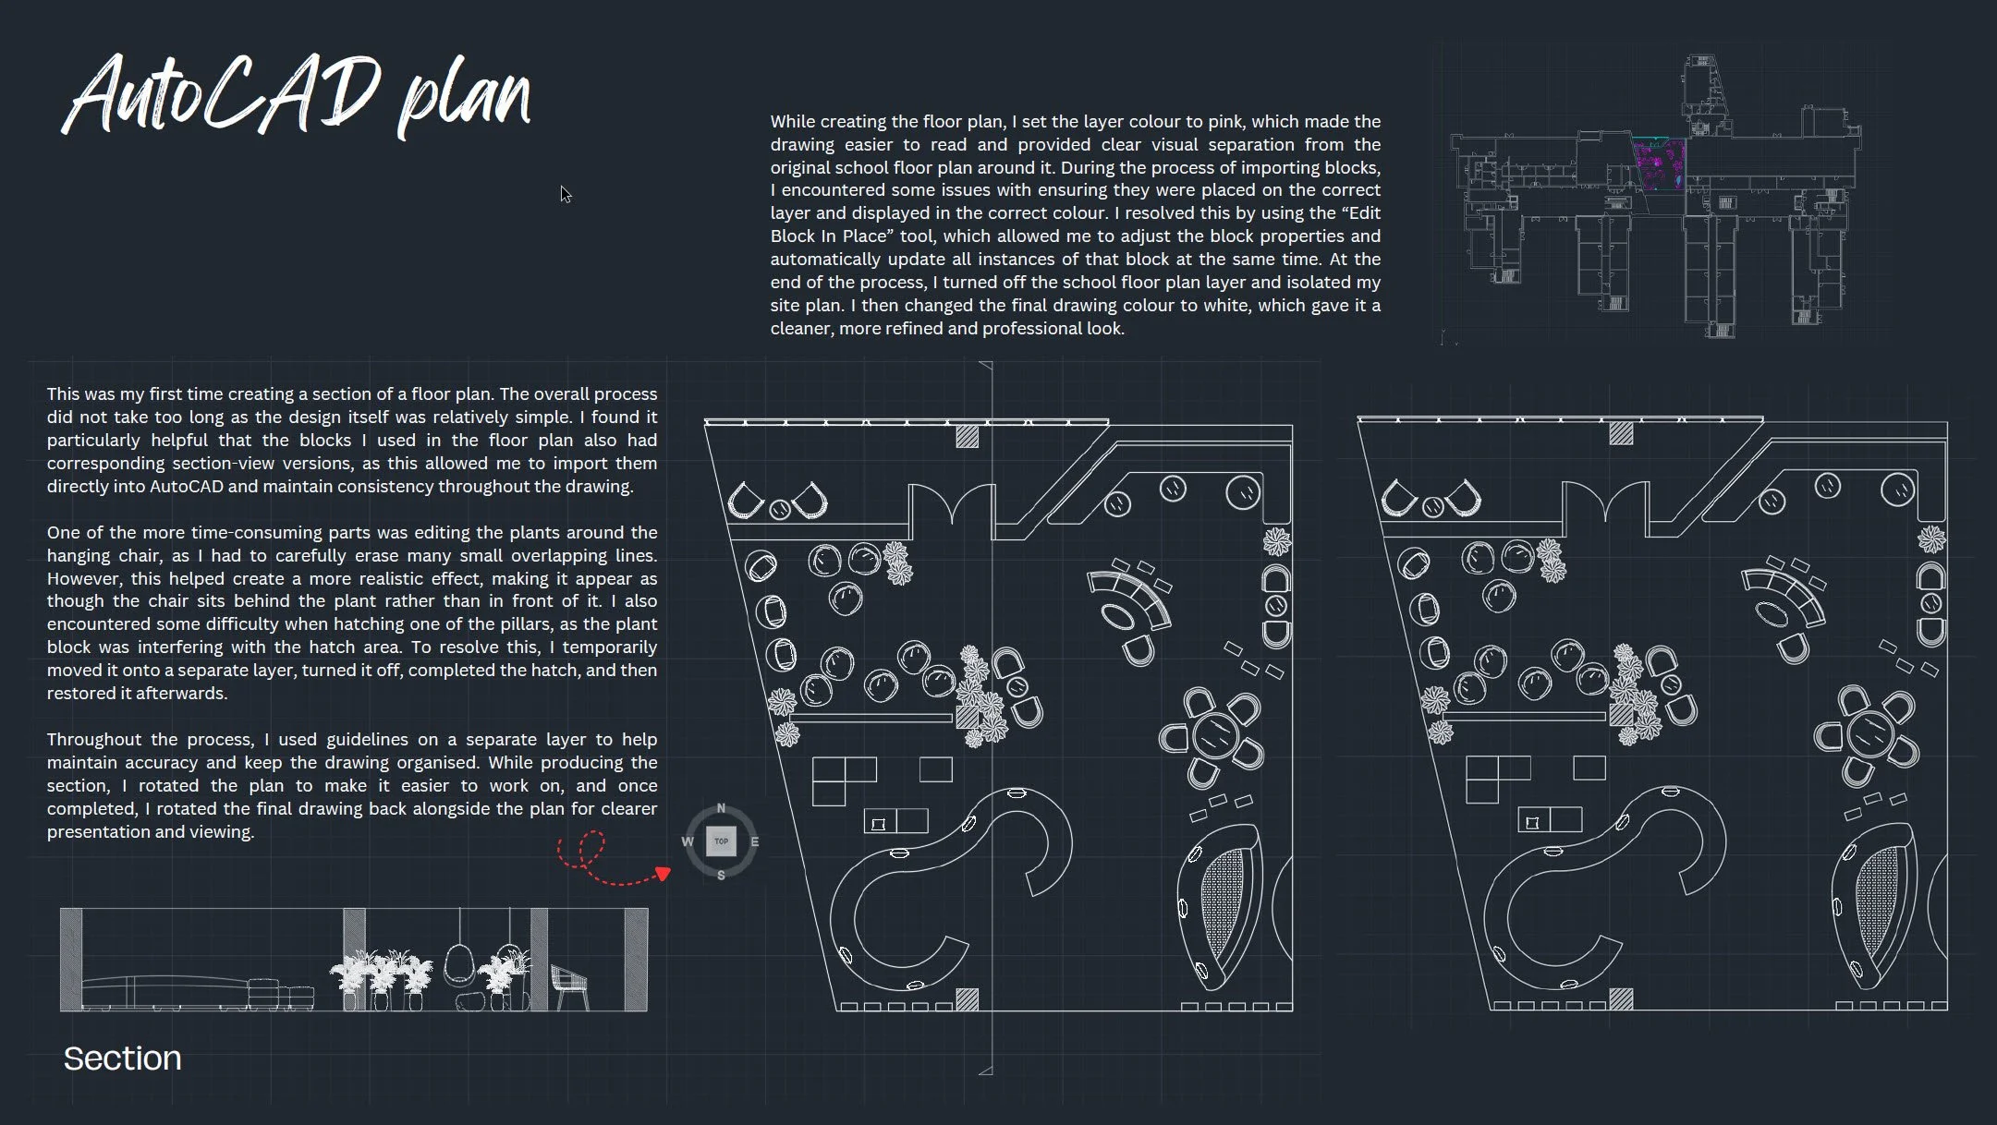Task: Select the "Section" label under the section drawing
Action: [122, 1058]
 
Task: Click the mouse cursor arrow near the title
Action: [566, 194]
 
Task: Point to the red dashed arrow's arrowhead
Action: [662, 873]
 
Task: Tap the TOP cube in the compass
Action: [721, 841]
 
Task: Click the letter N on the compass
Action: [721, 808]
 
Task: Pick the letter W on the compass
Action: [687, 841]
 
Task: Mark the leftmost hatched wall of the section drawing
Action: [71, 960]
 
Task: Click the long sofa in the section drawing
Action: [166, 993]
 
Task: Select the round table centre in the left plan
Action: [1215, 736]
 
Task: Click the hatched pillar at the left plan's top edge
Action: [967, 436]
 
